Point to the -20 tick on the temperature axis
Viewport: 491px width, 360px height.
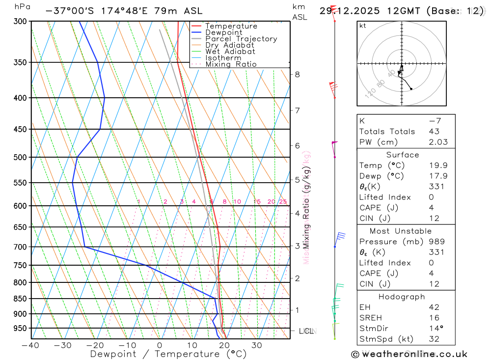95,345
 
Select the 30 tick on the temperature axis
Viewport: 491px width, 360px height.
257,345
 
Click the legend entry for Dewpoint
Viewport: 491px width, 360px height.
223,32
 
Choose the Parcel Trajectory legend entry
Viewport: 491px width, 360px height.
241,39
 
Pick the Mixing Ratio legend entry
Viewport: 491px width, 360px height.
231,64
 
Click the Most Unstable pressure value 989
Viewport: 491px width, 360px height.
436,242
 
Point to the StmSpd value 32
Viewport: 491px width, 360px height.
434,339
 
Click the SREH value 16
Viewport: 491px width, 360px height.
434,318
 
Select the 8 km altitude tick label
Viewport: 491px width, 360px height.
297,75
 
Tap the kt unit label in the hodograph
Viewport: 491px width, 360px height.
362,26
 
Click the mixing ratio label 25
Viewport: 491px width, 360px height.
283,202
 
